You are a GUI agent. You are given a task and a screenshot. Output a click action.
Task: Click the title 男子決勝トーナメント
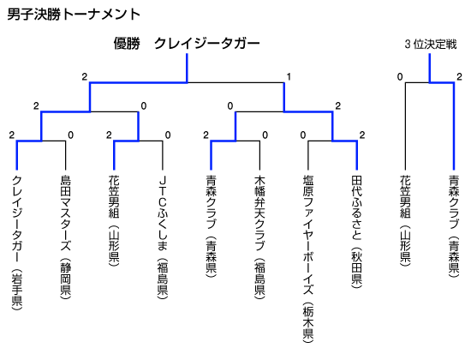coord(74,14)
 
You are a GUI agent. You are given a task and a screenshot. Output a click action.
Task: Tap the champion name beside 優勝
coord(207,44)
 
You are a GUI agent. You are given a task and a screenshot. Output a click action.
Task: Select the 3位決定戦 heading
coord(431,45)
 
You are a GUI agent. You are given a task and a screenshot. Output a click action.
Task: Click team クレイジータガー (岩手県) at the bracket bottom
coord(17,243)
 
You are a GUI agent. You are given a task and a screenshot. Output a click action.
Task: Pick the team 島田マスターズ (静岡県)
coord(65,237)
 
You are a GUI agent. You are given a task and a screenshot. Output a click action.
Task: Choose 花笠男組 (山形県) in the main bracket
coord(114,220)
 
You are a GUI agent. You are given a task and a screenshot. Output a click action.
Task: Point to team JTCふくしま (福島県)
coord(163,237)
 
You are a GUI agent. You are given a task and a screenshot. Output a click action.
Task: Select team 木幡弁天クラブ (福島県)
coord(259,237)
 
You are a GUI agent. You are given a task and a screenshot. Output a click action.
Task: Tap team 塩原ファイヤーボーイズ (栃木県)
coord(308,259)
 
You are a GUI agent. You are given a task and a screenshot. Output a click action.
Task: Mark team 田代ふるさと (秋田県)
coord(357,231)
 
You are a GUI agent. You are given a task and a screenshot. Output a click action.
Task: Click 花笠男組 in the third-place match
coord(405,220)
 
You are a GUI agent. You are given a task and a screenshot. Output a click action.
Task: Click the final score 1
coord(289,76)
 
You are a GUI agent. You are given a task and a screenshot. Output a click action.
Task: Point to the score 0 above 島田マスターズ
coord(70,135)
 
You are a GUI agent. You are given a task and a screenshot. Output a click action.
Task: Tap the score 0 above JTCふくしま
coord(168,135)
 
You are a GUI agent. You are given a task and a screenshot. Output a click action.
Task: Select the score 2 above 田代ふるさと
coord(362,135)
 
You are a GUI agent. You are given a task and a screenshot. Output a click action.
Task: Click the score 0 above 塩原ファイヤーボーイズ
coord(303,135)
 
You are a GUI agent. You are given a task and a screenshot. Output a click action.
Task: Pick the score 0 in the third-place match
coord(400,76)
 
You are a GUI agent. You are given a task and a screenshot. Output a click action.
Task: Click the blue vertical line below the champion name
coord(188,68)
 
